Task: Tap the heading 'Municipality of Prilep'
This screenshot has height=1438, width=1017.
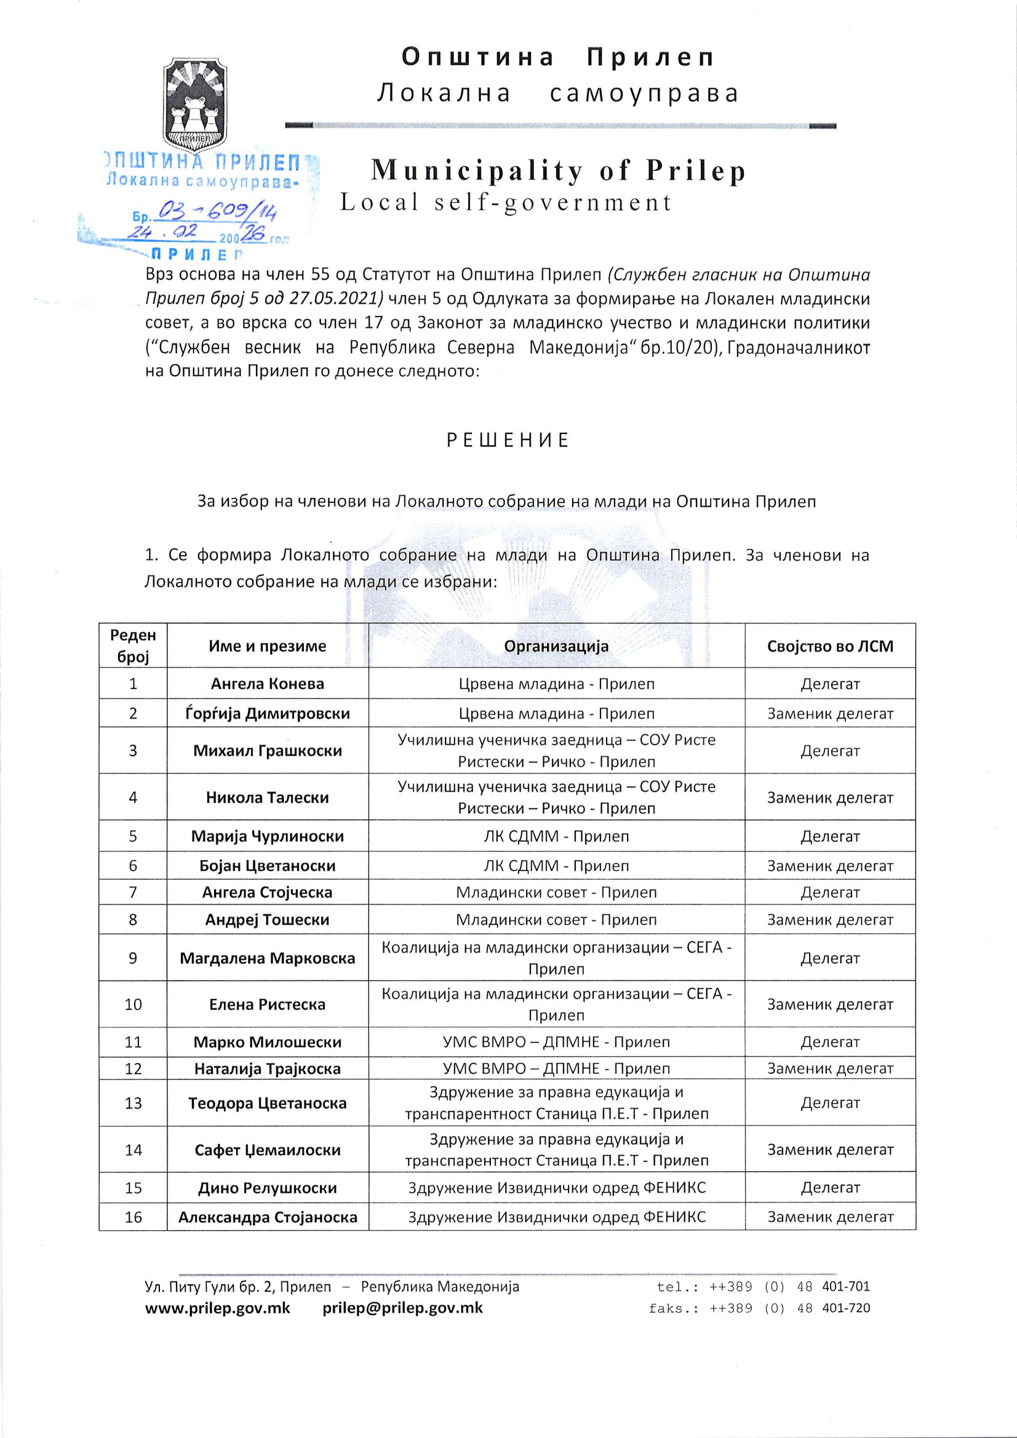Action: (558, 171)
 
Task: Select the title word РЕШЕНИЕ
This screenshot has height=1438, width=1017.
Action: (508, 440)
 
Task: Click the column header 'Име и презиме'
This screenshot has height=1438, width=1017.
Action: (268, 646)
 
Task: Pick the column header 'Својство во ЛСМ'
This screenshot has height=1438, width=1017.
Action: (829, 646)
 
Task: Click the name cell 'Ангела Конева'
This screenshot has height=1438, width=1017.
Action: (268, 683)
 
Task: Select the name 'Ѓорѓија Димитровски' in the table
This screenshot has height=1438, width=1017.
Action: (268, 713)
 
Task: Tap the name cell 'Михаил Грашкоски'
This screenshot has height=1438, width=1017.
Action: (268, 750)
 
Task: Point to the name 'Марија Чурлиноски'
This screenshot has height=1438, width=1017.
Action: (268, 836)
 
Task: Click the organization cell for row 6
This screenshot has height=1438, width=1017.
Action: (556, 866)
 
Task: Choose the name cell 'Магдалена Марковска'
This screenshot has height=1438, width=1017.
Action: (268, 958)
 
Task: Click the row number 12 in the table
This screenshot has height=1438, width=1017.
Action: (134, 1069)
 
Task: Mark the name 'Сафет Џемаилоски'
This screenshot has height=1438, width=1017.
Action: (268, 1149)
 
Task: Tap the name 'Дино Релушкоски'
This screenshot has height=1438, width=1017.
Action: (268, 1188)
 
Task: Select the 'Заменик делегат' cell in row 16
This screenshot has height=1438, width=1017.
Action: (829, 1217)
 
